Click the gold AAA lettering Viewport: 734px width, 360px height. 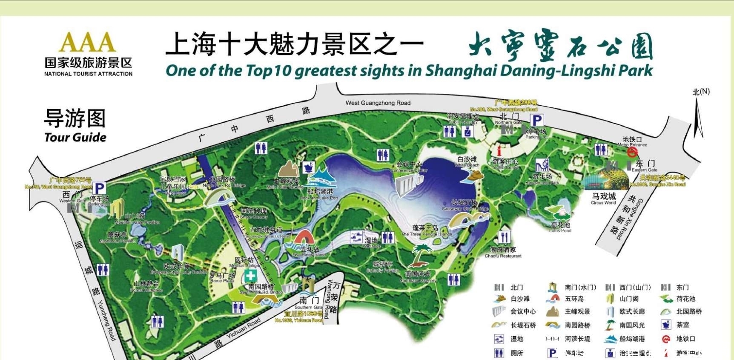click(87, 42)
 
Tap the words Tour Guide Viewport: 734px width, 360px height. click(75, 137)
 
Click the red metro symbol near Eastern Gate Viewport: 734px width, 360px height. click(632, 152)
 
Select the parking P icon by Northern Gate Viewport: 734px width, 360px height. click(537, 121)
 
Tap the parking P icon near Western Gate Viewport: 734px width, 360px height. click(99, 188)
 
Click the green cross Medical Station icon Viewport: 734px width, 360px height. click(250, 276)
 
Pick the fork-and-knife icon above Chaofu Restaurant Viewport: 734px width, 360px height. click(504, 236)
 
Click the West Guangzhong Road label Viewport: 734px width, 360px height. click(378, 103)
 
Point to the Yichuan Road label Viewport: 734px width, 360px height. click(244, 328)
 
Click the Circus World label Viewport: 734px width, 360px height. click(603, 203)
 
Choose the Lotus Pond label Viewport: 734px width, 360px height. click(560, 230)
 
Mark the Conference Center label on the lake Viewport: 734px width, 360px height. click(409, 170)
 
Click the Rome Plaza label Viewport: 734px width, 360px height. click(222, 281)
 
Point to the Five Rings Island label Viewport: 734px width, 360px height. click(309, 255)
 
